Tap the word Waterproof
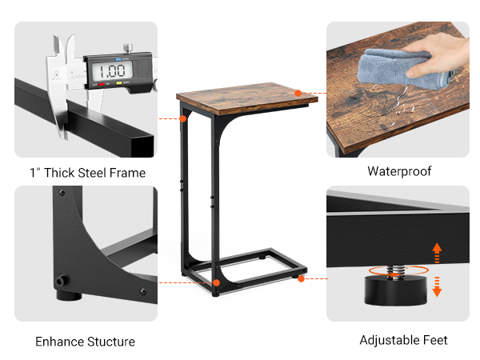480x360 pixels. [399, 171]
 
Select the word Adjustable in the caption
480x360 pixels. [390, 340]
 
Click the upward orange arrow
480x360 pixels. [437, 252]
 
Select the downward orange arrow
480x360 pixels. [437, 286]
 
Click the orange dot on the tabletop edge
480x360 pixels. [298, 93]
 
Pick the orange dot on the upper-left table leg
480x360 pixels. [183, 118]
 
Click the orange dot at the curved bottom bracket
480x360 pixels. [216, 282]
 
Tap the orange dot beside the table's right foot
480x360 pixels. [301, 279]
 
